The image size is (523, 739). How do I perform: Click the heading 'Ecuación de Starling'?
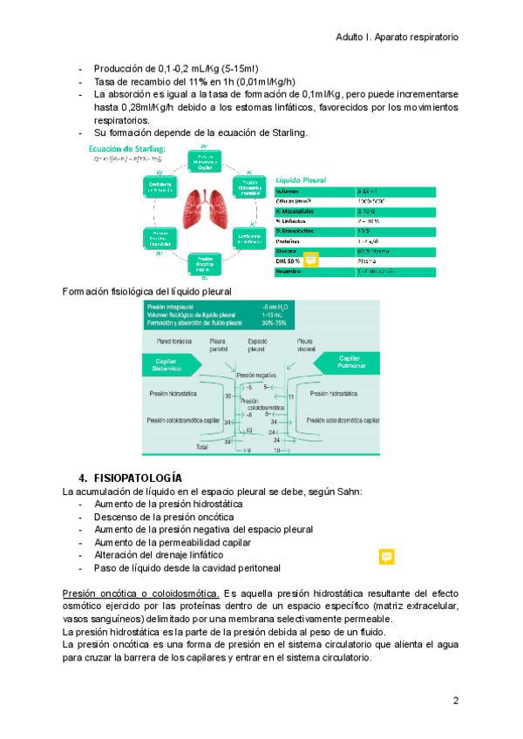(126, 149)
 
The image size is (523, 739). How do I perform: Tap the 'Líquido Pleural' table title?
(302, 180)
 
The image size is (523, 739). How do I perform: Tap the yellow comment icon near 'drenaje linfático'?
(387, 557)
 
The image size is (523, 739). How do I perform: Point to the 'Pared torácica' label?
(175, 341)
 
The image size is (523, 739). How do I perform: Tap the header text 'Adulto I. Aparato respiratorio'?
(397, 37)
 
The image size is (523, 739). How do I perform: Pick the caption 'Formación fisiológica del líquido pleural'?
(147, 290)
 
